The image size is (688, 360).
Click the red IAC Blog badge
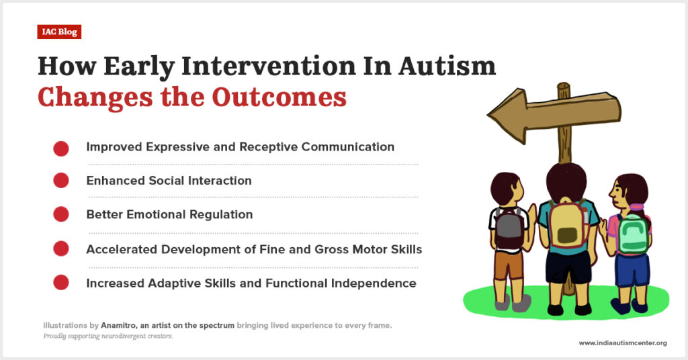[59, 32]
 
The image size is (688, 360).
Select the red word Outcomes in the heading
[279, 97]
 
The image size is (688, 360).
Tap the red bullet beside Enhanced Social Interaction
[61, 180]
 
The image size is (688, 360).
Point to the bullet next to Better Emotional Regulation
[61, 214]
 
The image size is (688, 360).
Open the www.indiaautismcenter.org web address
[623, 343]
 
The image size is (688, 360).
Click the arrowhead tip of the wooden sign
[488, 116]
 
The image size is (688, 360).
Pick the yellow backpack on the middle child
[568, 226]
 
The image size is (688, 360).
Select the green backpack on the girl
[632, 234]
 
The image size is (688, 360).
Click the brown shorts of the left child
[509, 265]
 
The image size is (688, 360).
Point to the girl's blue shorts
[632, 270]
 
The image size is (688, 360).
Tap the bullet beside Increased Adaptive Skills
[61, 282]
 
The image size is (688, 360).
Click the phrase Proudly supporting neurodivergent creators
[108, 336]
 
